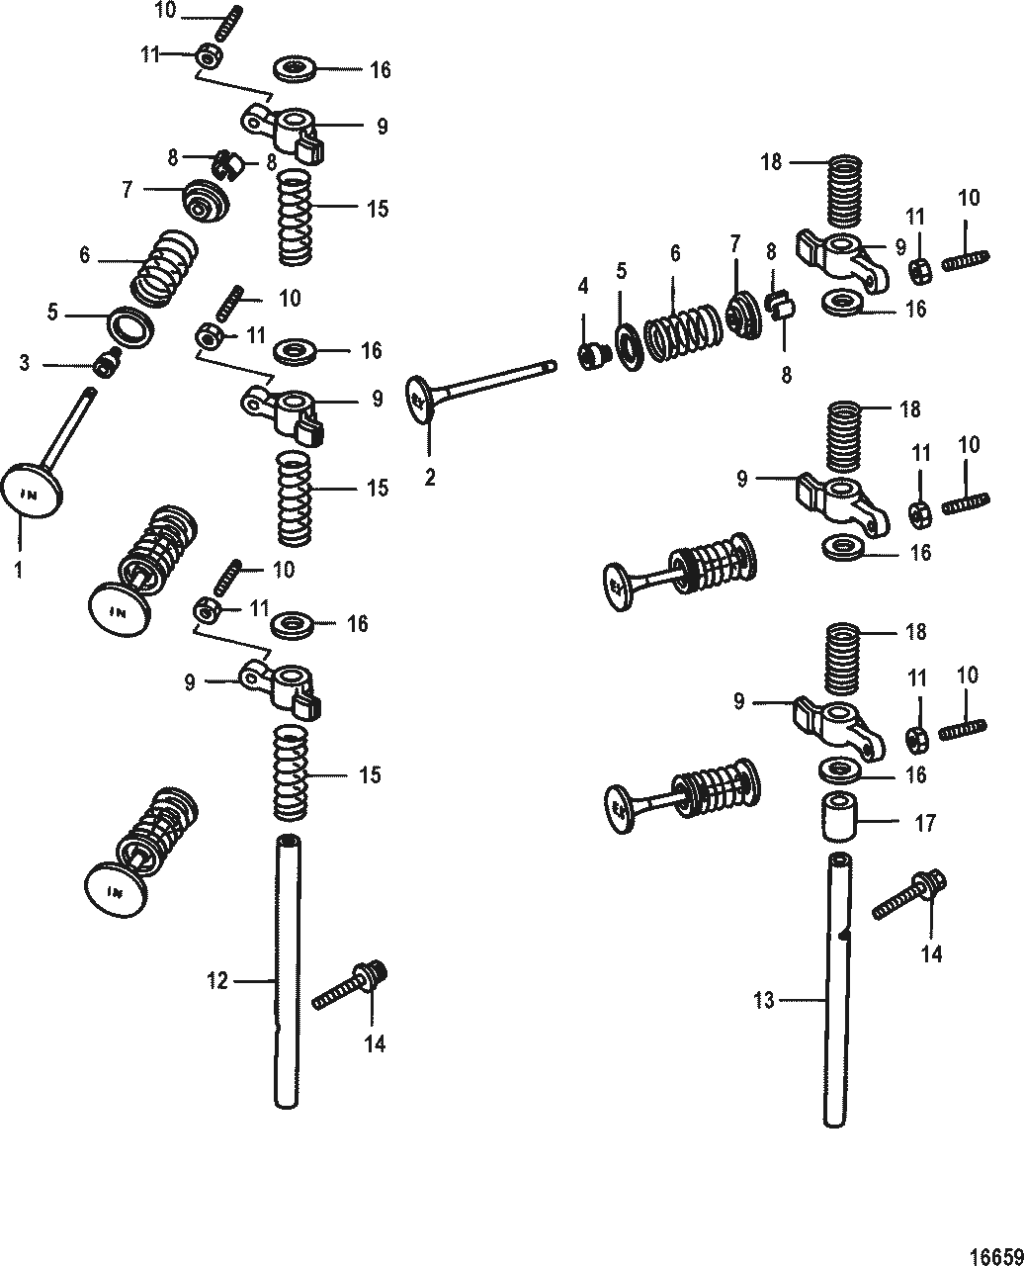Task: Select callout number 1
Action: coord(20,571)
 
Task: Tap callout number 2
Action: coord(430,478)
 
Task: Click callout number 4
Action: coord(583,287)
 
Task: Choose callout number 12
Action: coord(217,980)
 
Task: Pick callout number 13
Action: coord(764,1001)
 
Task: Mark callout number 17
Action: coord(925,823)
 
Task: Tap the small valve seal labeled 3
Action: coord(105,364)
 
